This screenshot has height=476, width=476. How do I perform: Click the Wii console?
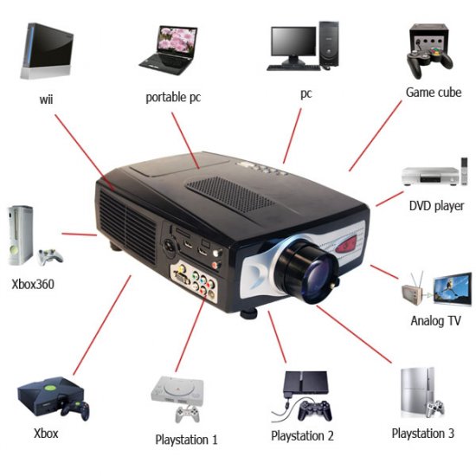click(47, 51)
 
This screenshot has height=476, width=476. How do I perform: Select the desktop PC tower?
click(329, 44)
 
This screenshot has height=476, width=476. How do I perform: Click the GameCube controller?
click(429, 62)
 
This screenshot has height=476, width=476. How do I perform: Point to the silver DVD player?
click(430, 177)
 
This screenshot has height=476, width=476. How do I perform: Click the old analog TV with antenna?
click(412, 291)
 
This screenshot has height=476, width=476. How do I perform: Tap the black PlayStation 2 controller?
click(315, 410)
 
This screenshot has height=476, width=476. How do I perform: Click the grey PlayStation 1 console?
click(177, 390)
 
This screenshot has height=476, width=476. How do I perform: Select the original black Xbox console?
click(50, 396)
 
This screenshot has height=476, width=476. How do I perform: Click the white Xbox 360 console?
click(20, 235)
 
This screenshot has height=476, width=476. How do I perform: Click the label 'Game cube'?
click(434, 93)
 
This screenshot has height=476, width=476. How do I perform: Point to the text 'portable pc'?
click(173, 98)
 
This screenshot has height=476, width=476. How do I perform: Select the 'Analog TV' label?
click(435, 321)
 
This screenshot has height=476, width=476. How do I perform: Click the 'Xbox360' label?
click(33, 285)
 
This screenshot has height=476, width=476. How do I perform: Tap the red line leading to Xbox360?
click(80, 234)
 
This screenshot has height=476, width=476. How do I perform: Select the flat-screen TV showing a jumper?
click(453, 289)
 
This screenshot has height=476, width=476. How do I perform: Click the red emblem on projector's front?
click(346, 244)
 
